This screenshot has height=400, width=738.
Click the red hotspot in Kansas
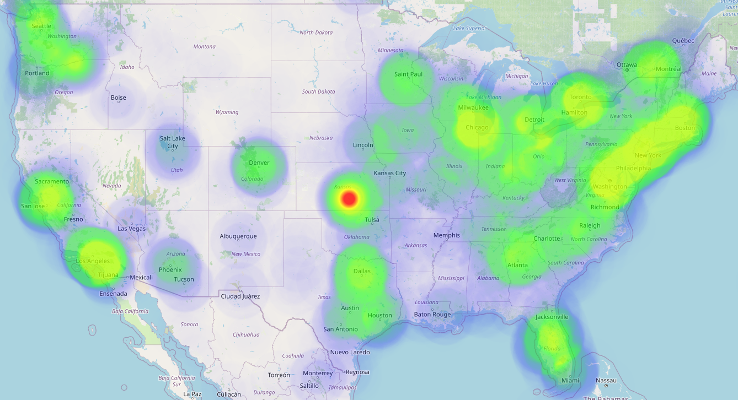349,198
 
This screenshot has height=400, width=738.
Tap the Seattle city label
41,26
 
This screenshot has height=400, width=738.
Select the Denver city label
259,163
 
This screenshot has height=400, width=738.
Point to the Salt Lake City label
172,142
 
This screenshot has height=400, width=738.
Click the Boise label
118,98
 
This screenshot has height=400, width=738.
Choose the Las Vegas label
131,228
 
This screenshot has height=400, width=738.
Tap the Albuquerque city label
238,236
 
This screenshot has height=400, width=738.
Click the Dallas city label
362,271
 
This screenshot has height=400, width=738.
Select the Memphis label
446,235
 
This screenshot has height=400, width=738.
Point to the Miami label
570,380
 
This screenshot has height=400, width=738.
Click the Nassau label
606,380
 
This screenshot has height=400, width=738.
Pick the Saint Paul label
408,74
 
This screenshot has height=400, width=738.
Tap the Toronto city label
580,97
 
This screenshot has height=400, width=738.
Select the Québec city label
683,41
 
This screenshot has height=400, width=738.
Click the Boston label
685,128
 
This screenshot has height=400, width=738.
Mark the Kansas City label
389,173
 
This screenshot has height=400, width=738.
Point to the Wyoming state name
227,112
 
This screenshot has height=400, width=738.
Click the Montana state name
204,46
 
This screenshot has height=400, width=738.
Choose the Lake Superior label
469,28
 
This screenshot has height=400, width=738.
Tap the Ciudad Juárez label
240,296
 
